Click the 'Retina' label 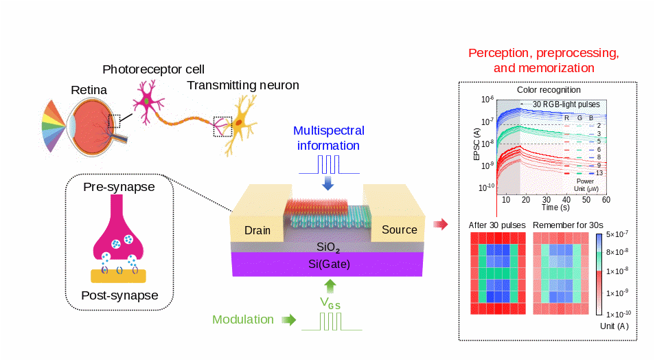88,90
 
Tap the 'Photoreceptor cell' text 153,69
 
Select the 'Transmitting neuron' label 243,85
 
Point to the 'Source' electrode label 399,229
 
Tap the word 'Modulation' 243,319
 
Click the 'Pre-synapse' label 118,187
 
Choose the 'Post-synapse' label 119,295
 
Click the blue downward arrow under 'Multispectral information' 328,183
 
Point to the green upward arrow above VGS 330,284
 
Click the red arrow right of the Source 442,224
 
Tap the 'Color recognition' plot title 548,90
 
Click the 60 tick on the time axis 606,199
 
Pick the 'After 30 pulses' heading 496,225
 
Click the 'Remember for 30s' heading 568,225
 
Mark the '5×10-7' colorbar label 619,236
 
